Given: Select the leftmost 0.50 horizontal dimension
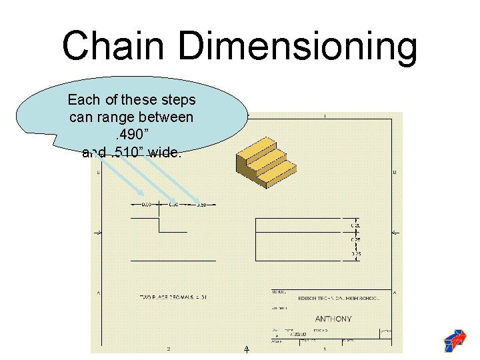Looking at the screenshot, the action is click(x=145, y=204).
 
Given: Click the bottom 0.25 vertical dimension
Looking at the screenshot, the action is click(x=357, y=254).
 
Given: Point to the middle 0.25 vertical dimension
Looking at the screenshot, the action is click(x=357, y=239).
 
